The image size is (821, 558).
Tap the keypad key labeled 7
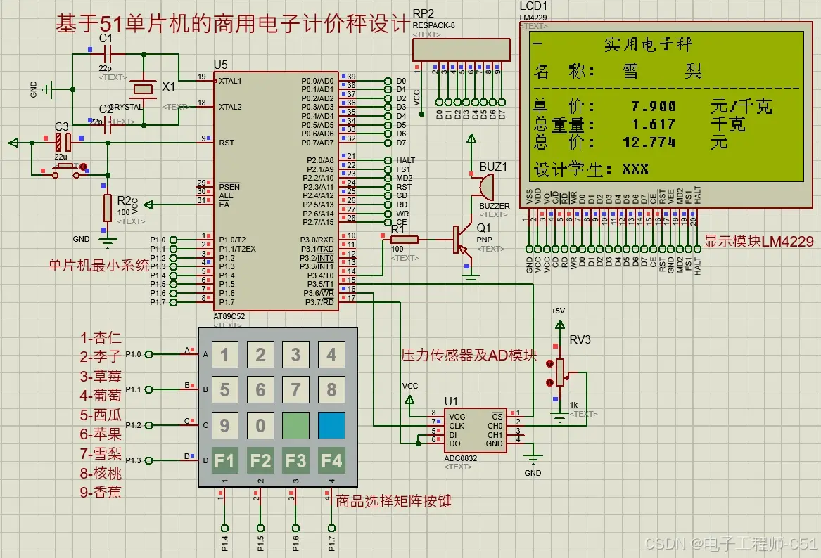(296, 389)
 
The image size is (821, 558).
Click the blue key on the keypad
(331, 425)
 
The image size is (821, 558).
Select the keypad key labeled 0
(260, 425)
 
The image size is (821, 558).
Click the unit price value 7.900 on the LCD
(654, 107)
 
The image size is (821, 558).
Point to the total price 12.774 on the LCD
(649, 143)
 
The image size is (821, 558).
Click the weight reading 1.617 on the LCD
(654, 125)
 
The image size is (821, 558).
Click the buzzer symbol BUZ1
(483, 186)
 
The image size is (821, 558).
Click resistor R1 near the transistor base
(405, 240)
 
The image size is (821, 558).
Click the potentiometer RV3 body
(561, 372)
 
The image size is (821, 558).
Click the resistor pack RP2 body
(460, 50)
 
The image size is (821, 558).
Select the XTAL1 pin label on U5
(230, 81)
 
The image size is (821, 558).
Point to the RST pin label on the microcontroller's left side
(226, 142)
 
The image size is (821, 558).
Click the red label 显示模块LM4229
(758, 242)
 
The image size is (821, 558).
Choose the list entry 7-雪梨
(101, 454)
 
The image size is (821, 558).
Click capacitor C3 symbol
(59, 142)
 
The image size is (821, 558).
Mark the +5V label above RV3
(558, 311)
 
